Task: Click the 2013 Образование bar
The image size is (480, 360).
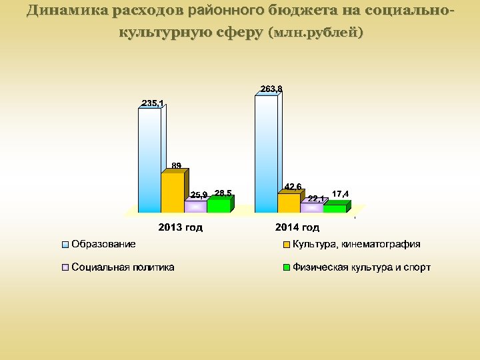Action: (149, 160)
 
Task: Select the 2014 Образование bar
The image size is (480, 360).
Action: (266, 153)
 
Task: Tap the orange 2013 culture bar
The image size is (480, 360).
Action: (172, 192)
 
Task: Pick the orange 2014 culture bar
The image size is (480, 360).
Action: (289, 203)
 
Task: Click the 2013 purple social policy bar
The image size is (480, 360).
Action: (195, 207)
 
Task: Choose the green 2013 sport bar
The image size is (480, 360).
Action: (218, 205)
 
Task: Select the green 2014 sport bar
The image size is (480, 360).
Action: (335, 209)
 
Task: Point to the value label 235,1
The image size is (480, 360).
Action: (153, 103)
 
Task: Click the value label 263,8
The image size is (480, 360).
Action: (271, 89)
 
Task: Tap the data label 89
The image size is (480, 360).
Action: (177, 165)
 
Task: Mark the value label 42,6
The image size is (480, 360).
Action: (293, 186)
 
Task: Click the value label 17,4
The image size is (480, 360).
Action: (340, 194)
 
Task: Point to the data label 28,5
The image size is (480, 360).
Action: (223, 193)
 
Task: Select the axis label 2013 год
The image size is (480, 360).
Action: (180, 228)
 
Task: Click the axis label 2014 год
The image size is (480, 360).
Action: (297, 228)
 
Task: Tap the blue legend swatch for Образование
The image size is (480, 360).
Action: (65, 245)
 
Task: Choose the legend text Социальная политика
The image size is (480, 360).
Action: (123, 267)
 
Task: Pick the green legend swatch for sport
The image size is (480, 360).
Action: (287, 268)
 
